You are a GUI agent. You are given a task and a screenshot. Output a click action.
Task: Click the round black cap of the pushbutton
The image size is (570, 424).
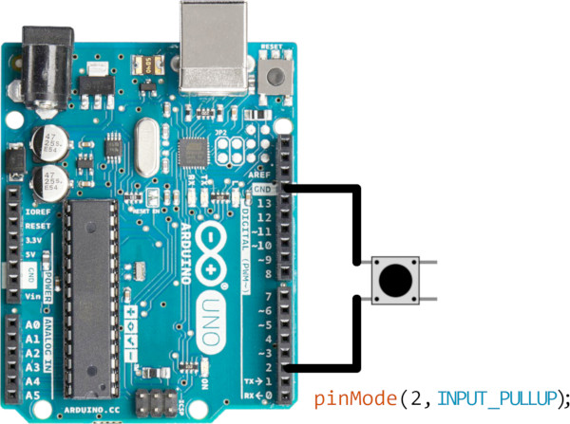393,281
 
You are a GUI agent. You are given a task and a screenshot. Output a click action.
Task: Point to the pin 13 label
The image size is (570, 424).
265,203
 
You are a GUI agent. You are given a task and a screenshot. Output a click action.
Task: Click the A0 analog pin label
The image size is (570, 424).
32,324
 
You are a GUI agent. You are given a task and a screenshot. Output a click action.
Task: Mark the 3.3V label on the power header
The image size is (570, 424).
33,241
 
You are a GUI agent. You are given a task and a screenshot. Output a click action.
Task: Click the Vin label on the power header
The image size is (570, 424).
32,297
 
